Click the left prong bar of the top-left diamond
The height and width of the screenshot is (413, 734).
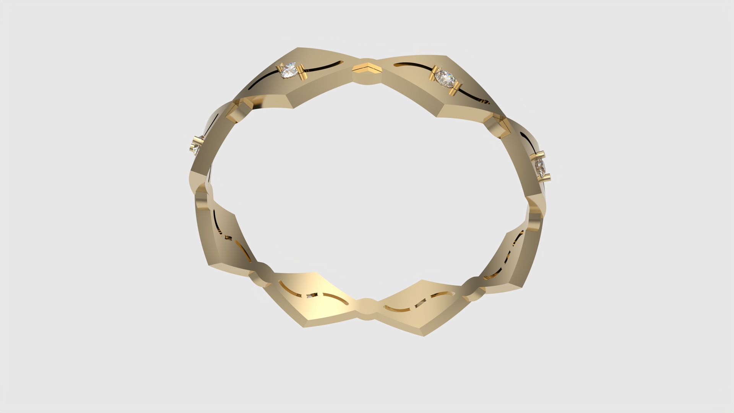(x=278, y=71)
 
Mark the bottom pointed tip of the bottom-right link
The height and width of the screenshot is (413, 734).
(x=423, y=335)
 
